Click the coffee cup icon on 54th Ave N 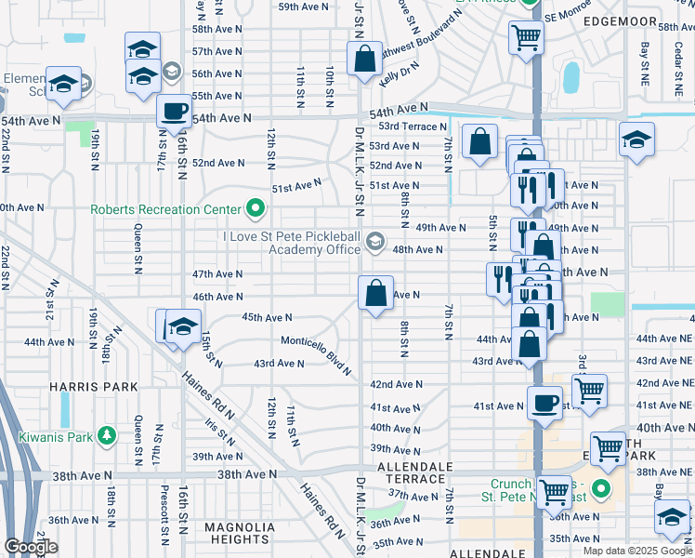174,113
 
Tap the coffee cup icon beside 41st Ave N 544,404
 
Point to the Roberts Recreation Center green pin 255,208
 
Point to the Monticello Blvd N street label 317,354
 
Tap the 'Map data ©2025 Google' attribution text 637,551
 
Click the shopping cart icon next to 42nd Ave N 590,391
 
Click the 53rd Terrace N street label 410,126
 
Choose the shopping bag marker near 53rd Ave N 479,142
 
